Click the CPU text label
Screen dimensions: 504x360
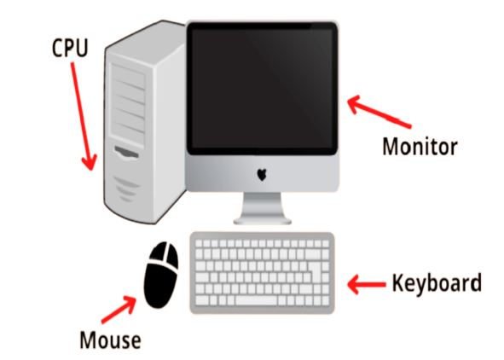coord(70,48)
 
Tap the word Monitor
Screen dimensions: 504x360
coord(420,147)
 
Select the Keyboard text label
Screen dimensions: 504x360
coord(437,283)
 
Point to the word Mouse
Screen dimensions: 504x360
coord(110,340)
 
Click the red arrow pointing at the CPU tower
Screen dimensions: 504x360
coord(84,116)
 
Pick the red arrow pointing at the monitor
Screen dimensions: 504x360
coord(379,112)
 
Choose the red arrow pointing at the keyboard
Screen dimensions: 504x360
coord(367,284)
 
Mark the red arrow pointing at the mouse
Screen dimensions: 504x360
coord(119,309)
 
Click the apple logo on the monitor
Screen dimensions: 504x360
coord(262,175)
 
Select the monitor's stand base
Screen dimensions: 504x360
coord(263,220)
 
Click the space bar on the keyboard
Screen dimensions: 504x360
coord(256,301)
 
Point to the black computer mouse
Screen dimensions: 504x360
coord(160,276)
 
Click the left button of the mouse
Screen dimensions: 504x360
coord(157,253)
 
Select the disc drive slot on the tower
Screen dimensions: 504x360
coord(127,153)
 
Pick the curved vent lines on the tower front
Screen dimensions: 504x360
coord(126,189)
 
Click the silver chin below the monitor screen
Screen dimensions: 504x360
coord(262,173)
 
